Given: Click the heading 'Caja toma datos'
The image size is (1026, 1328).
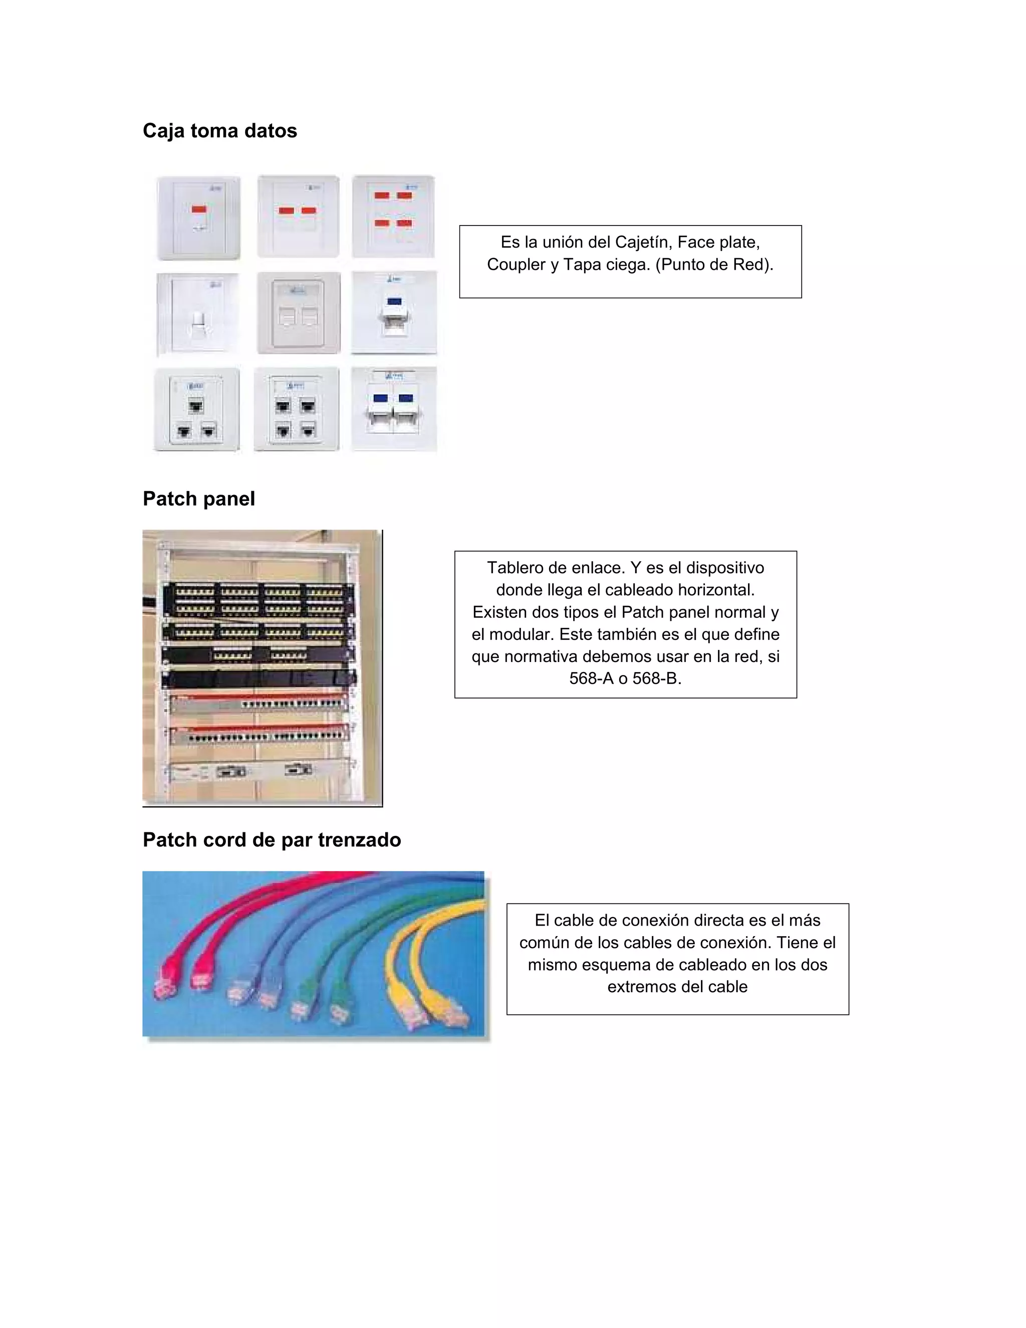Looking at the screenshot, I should tap(219, 131).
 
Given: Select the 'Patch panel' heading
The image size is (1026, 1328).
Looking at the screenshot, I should tap(199, 499).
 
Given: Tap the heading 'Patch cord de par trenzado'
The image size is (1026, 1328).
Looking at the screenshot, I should tap(272, 840).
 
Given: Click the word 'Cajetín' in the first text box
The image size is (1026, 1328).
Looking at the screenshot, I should tap(640, 242).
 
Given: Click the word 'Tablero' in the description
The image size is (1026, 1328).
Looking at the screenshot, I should tap(516, 567).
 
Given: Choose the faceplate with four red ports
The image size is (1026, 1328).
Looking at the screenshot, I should tap(393, 216).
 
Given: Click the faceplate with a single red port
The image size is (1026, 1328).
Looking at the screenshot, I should tap(199, 217).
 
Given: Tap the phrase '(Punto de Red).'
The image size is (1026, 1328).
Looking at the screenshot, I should tap(714, 265).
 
